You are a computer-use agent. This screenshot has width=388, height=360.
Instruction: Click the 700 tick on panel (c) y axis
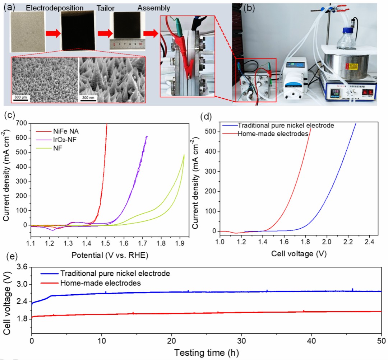point(23,123)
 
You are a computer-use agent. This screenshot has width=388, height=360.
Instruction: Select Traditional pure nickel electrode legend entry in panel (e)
point(115,273)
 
